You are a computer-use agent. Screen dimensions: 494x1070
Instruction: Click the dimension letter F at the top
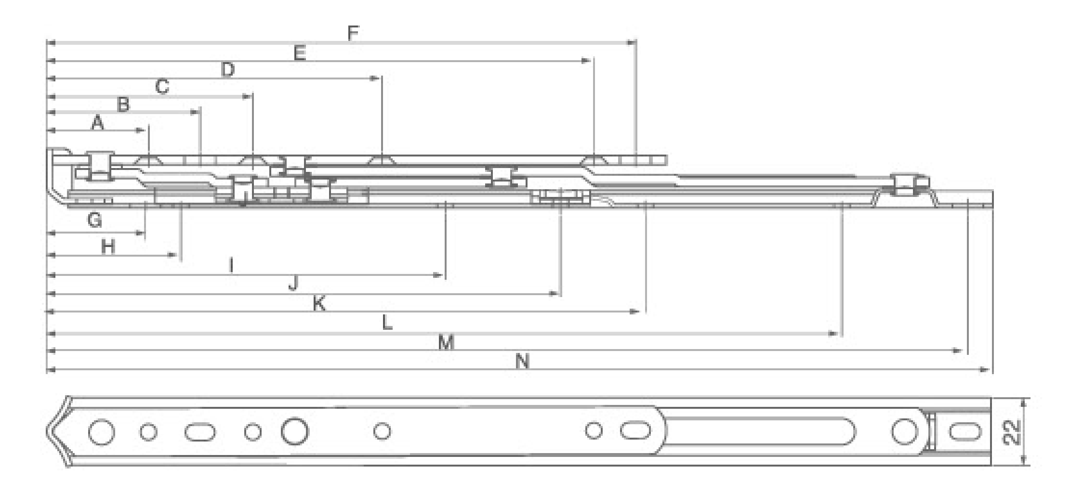click(353, 33)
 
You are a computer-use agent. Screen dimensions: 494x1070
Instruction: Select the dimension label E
click(300, 52)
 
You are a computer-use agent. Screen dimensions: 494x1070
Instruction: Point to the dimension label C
click(162, 87)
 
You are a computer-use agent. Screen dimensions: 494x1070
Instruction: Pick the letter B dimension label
click(124, 104)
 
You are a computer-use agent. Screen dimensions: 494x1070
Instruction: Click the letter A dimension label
click(97, 123)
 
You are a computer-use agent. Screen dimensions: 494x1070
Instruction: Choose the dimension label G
click(95, 221)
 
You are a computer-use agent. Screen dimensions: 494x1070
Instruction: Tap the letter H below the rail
click(108, 247)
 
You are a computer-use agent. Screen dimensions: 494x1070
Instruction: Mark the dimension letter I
click(232, 265)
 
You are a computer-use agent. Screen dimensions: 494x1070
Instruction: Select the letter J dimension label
click(293, 284)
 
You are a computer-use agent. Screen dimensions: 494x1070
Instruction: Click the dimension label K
click(319, 304)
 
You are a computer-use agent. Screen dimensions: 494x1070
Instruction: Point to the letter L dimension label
click(387, 323)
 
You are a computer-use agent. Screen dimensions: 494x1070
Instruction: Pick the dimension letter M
click(446, 343)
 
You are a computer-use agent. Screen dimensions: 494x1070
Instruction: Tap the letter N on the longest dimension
click(522, 361)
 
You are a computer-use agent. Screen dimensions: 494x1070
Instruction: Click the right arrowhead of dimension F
click(632, 43)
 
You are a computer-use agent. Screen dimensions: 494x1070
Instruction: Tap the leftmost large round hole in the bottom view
click(101, 431)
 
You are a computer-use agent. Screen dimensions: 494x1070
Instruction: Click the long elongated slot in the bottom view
click(759, 431)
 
